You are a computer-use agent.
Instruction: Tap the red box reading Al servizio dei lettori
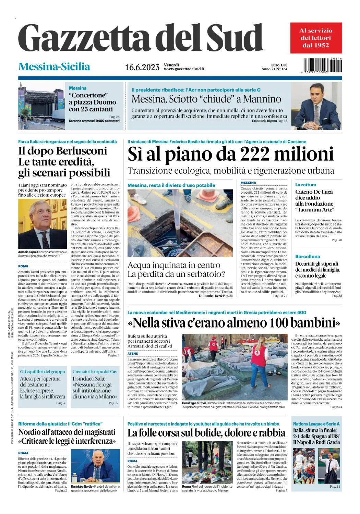(316, 38)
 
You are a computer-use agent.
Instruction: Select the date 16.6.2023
(142, 67)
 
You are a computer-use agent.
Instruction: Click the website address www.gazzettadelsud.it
(184, 69)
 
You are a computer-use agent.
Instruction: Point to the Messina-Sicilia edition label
(54, 66)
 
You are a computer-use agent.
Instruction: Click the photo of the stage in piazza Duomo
(41, 106)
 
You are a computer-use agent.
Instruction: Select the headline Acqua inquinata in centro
(174, 265)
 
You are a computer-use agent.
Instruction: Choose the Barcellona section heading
(308, 256)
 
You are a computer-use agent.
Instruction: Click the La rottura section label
(305, 185)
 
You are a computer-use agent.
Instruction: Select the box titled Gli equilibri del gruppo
(43, 371)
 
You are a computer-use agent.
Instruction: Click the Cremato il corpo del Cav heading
(95, 371)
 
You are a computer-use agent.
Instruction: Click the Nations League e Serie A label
(316, 424)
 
